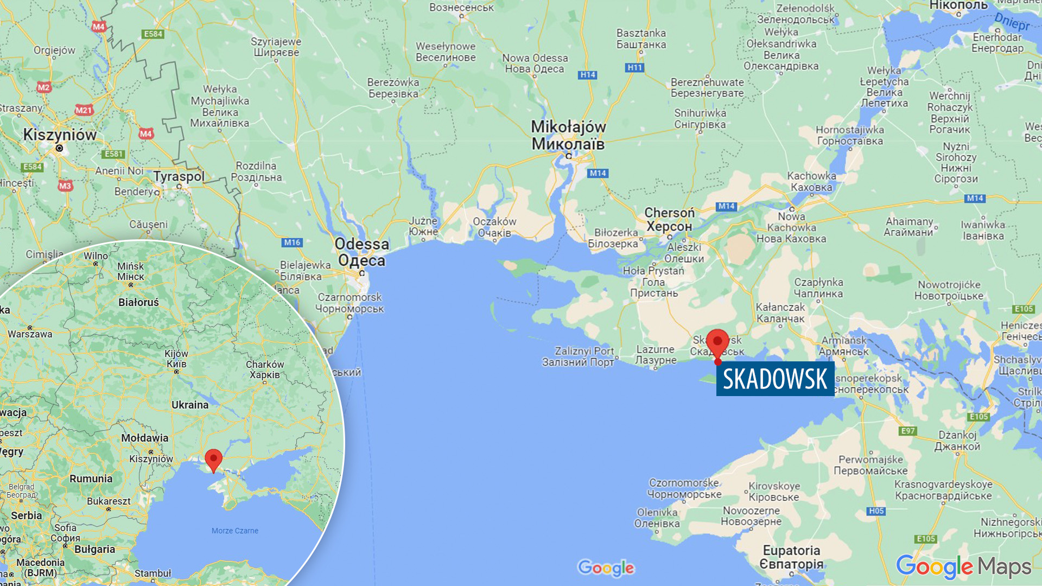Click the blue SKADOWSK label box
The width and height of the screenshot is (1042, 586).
775,379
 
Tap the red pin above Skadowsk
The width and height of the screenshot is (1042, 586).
717,343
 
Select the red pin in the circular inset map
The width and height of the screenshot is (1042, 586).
213,460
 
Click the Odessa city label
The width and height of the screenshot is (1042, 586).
362,252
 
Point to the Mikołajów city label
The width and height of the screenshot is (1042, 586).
568,135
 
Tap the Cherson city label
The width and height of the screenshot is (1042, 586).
669,219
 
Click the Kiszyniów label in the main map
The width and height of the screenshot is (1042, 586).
60,135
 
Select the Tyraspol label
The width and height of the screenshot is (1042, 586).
179,176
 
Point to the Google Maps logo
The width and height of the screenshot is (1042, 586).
963,568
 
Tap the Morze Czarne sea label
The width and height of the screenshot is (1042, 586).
235,531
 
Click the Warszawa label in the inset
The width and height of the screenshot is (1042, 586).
30,334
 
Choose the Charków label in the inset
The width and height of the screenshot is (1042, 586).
265,370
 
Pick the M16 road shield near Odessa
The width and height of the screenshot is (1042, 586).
292,243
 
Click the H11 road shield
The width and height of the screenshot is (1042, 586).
634,68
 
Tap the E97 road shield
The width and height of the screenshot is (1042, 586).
907,431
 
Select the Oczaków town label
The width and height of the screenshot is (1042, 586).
494,227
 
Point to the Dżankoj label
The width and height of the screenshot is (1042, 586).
957,441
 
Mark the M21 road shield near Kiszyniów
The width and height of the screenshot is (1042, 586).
84,111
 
